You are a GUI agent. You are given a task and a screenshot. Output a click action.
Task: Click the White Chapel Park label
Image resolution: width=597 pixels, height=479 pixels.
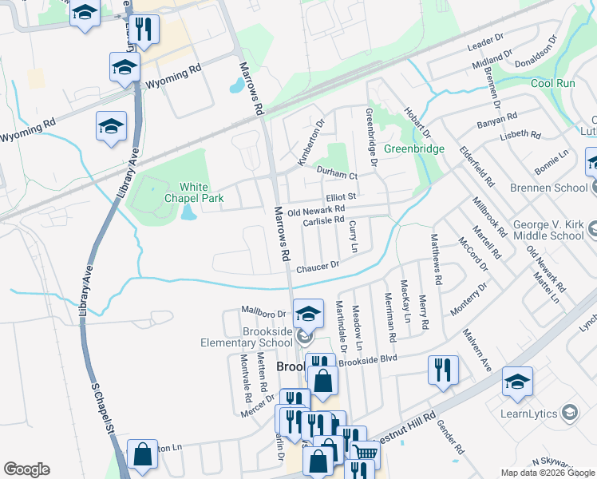pyautogui.click(x=186, y=191)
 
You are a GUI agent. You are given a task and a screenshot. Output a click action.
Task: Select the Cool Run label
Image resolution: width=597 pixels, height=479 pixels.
pyautogui.click(x=553, y=83)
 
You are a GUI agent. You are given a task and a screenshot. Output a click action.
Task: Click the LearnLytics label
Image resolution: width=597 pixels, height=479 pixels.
pyautogui.click(x=529, y=412)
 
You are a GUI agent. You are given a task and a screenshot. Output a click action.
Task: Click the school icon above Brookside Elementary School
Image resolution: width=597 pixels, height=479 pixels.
pyautogui.click(x=307, y=313)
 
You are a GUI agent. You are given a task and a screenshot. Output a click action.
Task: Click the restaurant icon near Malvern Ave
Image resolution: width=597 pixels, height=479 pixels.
pyautogui.click(x=442, y=370)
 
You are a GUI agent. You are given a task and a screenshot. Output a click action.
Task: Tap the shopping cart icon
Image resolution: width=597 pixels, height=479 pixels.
pyautogui.click(x=365, y=453)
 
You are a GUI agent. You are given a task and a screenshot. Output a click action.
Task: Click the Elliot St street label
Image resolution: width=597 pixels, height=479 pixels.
pyautogui.click(x=340, y=195)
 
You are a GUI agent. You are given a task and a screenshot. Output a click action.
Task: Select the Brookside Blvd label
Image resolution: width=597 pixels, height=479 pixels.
pyautogui.click(x=368, y=360)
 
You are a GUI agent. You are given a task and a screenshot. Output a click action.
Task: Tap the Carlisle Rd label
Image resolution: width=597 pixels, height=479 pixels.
pyautogui.click(x=323, y=220)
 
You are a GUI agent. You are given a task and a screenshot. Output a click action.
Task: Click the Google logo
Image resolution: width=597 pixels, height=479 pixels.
pyautogui.click(x=26, y=469)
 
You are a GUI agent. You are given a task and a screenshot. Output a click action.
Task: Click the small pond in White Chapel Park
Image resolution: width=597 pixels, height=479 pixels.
pyautogui.click(x=188, y=212)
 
